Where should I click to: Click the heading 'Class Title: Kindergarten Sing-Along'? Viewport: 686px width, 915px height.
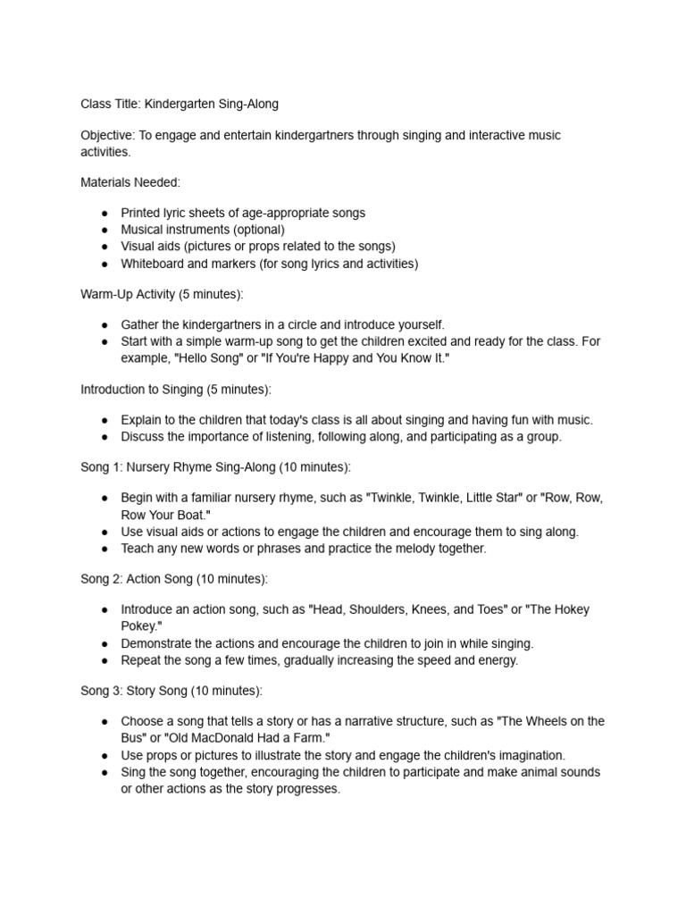180,104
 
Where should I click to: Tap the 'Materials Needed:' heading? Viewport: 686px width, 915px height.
130,182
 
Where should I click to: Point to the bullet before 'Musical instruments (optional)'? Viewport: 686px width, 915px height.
105,230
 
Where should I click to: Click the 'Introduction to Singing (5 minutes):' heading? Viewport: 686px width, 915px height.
176,389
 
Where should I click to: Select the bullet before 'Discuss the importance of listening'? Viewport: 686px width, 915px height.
105,436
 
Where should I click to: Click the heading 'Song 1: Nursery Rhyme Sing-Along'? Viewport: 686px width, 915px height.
179,466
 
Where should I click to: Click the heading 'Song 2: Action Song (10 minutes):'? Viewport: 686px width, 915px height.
174,579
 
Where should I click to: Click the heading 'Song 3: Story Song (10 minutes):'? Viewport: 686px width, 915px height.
171,691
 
